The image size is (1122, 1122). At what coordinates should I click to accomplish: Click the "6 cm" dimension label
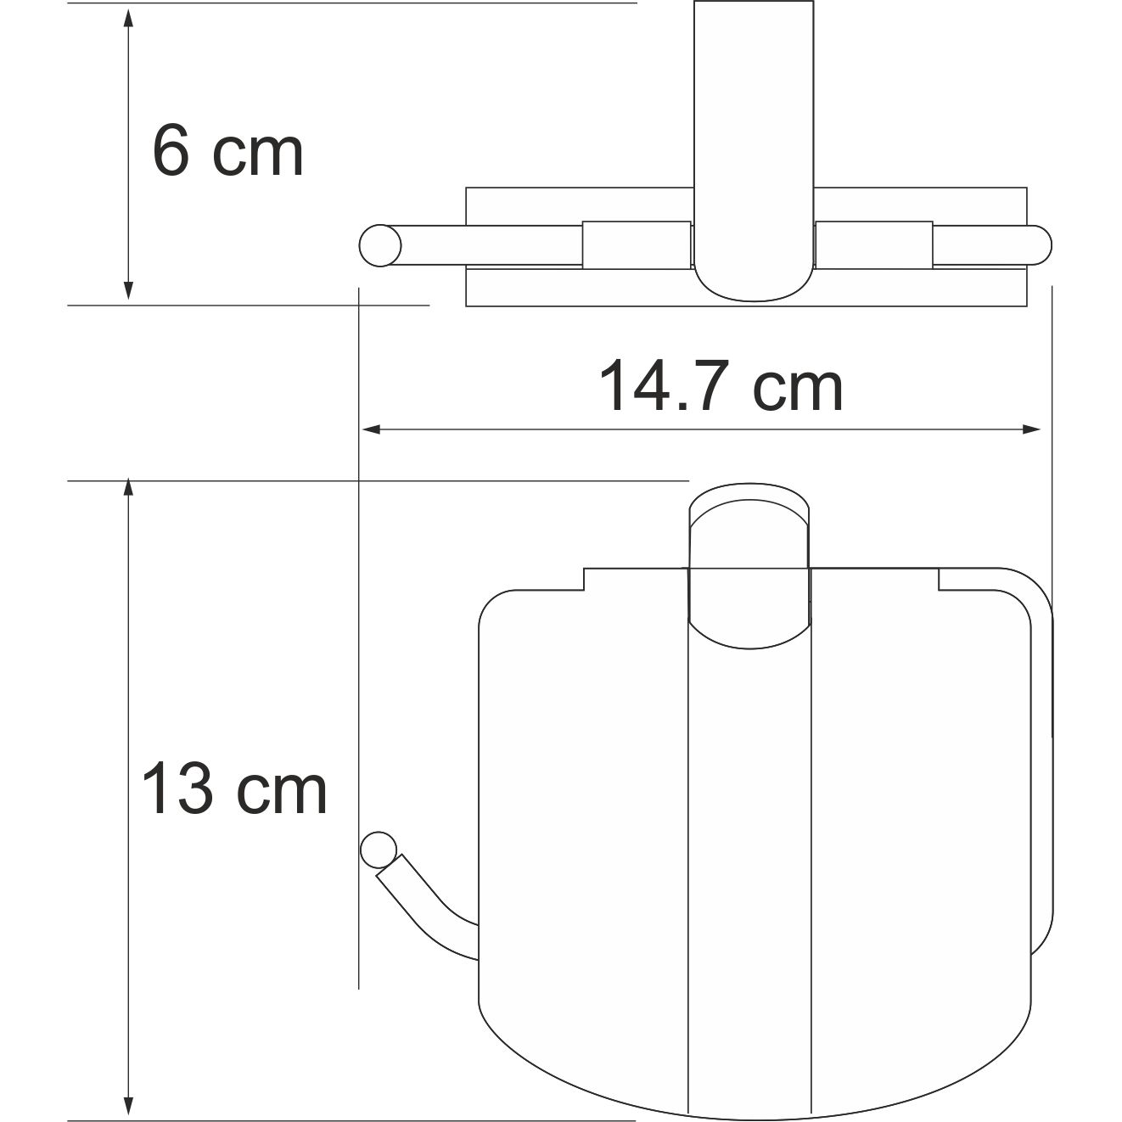[227, 152]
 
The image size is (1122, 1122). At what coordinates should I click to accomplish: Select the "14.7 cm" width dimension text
[721, 386]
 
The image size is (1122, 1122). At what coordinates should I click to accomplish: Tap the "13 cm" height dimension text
[233, 788]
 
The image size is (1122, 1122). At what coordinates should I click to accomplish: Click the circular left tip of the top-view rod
[379, 245]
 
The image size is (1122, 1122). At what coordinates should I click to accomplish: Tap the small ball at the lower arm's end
[379, 850]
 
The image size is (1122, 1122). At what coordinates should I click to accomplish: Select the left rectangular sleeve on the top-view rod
[636, 245]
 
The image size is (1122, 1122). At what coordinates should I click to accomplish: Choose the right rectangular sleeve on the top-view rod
[873, 245]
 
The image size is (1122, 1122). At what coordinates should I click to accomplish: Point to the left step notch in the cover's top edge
[584, 580]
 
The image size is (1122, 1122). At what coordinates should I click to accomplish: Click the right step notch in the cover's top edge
[939, 579]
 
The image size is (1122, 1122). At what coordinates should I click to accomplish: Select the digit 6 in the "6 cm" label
[171, 152]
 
